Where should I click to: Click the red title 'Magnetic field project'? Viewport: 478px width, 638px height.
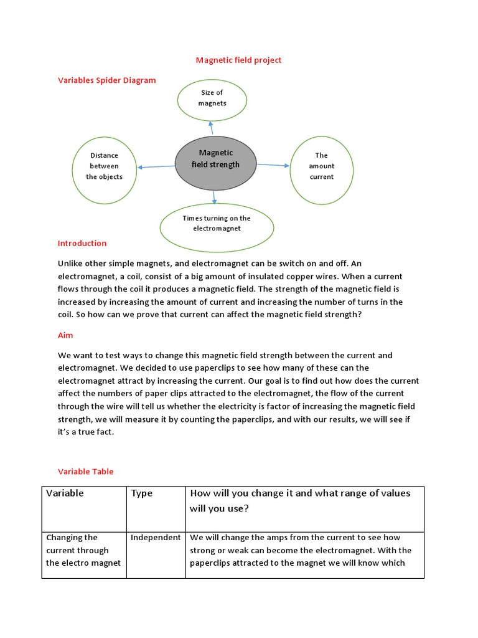click(238, 60)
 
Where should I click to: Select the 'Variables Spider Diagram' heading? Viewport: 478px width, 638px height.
click(106, 80)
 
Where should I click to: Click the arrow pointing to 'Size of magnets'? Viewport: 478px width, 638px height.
click(211, 128)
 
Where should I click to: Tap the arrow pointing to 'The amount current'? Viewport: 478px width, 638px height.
click(273, 165)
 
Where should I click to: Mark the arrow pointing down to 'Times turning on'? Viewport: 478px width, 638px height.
click(214, 196)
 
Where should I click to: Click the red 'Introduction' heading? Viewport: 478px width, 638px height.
click(82, 243)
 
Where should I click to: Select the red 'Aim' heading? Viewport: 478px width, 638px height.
click(65, 335)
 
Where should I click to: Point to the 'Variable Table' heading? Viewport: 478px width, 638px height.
click(86, 472)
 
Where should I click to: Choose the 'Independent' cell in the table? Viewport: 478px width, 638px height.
click(156, 537)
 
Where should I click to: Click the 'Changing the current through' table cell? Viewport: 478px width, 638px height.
click(84, 550)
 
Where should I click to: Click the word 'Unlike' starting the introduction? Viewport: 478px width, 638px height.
click(70, 264)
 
